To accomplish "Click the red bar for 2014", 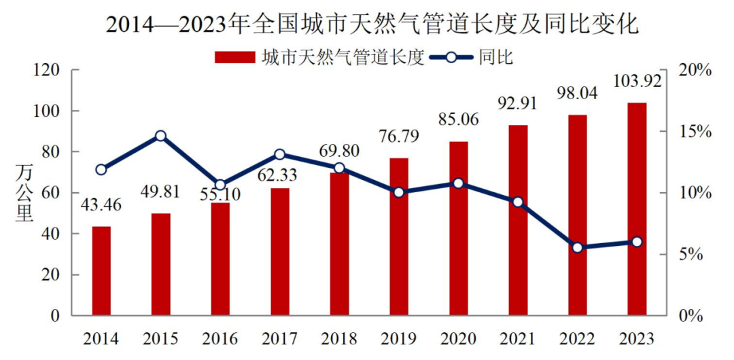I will [x=101, y=271].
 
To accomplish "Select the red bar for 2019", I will [x=399, y=237].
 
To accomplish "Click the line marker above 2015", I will [x=161, y=136].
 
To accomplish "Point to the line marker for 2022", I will [x=577, y=248].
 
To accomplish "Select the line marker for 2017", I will [x=280, y=155].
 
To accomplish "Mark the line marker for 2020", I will [x=458, y=183].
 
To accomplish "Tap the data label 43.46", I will [x=101, y=204].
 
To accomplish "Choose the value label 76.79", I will [x=399, y=139].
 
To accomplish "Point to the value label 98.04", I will [x=577, y=93].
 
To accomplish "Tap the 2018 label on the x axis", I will [x=339, y=338].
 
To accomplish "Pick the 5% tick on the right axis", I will [x=695, y=254].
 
